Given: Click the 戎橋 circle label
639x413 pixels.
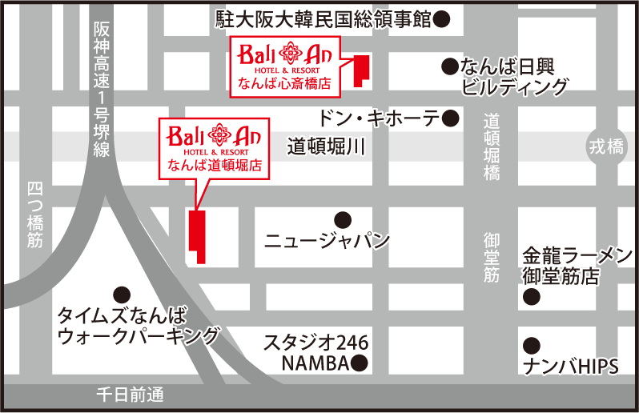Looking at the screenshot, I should [x=606, y=147].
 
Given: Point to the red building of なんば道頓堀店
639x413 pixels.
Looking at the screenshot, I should [x=196, y=235].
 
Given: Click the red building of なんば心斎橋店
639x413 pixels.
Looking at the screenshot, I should [x=361, y=70].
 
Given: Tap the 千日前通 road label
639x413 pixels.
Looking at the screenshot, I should [x=129, y=395].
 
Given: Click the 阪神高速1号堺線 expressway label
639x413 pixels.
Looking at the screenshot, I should [x=100, y=88].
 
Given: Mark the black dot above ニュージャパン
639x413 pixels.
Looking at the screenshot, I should [x=343, y=219].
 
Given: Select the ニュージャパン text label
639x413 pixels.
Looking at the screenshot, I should [x=327, y=240].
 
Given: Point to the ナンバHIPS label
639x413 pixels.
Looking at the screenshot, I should [x=570, y=367].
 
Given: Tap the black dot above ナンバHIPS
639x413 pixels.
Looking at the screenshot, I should [x=530, y=346].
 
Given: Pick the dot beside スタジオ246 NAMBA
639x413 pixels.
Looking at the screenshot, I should [x=360, y=364].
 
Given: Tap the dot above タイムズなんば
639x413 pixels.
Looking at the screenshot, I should [x=122, y=293].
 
